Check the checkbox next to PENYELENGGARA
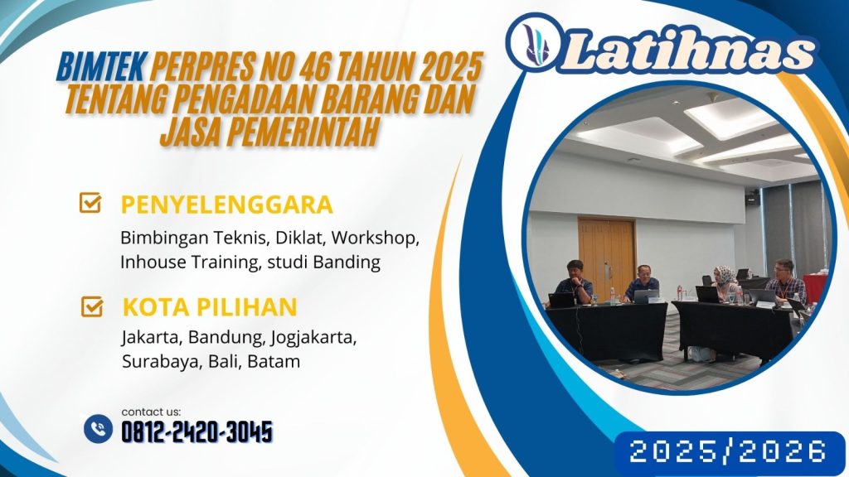[x=90, y=204]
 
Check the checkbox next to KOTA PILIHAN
[x=90, y=307]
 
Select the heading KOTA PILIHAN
[x=209, y=307]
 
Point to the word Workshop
[x=383, y=238]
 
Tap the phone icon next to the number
[x=99, y=429]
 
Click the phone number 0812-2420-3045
[x=196, y=431]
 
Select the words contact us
[x=150, y=412]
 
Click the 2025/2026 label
[x=728, y=451]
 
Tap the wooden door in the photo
[x=606, y=253]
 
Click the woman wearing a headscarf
[x=725, y=282]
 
